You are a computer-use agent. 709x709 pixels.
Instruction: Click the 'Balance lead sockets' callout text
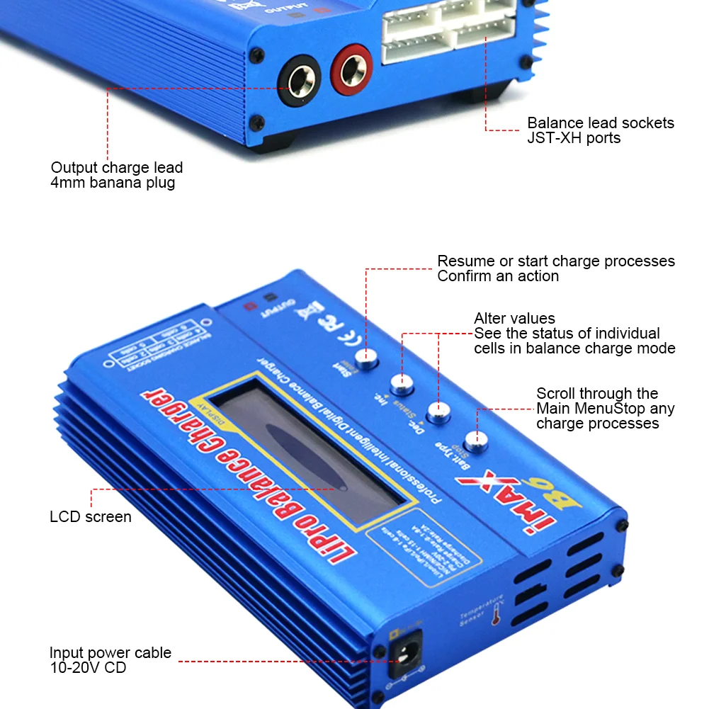point(601,123)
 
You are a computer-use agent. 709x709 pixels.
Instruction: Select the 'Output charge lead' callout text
point(117,168)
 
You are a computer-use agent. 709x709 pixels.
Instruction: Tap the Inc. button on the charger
point(402,385)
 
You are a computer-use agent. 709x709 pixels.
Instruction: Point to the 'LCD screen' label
point(91,517)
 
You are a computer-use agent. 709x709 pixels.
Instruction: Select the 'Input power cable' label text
point(110,653)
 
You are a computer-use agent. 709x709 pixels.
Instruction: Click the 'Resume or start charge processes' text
point(556,261)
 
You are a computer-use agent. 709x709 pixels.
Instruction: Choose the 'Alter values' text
point(514,318)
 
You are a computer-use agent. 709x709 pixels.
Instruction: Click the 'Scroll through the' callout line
point(597,394)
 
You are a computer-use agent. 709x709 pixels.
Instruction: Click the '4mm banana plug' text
point(113,183)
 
